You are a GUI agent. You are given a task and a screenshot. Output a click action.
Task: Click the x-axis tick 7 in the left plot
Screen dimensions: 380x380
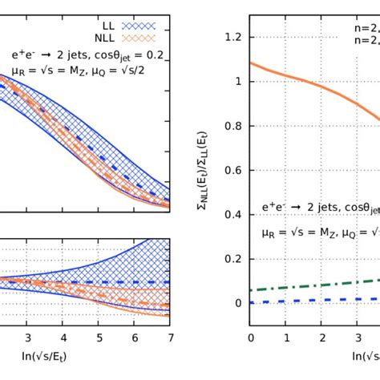point(169,338)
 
